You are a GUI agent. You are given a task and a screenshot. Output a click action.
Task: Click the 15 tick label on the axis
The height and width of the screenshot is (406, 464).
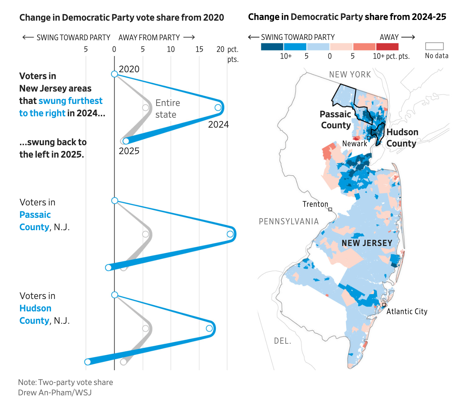tap(199, 50)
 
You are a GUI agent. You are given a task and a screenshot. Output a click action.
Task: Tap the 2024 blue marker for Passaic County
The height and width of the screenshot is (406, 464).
tap(230, 234)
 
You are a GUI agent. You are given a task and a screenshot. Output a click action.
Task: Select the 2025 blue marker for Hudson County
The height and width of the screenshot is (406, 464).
tap(88, 362)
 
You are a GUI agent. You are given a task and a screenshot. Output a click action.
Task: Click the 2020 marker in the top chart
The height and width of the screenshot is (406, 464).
tap(115, 74)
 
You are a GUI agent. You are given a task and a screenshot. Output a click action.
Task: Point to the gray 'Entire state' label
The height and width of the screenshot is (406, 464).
tap(167, 109)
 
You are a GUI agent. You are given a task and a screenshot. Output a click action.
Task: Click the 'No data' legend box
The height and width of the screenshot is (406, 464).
tap(434, 46)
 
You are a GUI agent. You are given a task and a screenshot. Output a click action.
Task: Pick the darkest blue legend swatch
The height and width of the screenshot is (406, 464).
tap(272, 47)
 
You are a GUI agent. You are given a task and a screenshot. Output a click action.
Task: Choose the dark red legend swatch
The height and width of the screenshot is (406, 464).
tap(387, 47)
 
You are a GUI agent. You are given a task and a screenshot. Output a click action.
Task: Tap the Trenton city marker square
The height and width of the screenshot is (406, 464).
tap(330, 209)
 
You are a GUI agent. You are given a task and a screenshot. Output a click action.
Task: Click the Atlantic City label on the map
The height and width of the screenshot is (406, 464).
tap(407, 311)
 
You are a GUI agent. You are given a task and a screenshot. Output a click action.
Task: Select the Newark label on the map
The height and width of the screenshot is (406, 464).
tap(355, 144)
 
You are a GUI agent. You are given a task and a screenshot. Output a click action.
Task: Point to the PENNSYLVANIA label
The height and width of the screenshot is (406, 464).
tap(289, 222)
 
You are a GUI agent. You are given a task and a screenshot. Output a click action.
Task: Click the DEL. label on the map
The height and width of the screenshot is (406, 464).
tap(283, 341)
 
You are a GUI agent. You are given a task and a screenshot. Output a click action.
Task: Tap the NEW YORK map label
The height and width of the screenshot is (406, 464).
tap(350, 75)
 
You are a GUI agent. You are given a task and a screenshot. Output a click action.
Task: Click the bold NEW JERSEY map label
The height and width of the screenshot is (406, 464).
tap(367, 243)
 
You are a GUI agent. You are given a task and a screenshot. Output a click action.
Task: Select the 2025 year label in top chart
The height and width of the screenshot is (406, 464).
tap(129, 151)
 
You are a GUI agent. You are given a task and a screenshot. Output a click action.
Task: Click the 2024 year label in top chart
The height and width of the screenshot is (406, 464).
tap(218, 125)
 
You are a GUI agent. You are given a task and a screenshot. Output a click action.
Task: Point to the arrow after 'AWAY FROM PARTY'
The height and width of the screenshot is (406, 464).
tap(189, 37)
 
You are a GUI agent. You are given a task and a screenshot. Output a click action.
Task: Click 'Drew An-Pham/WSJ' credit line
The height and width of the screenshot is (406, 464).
tap(55, 393)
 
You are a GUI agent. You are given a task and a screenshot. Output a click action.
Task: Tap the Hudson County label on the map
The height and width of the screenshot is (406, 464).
tap(402, 138)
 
